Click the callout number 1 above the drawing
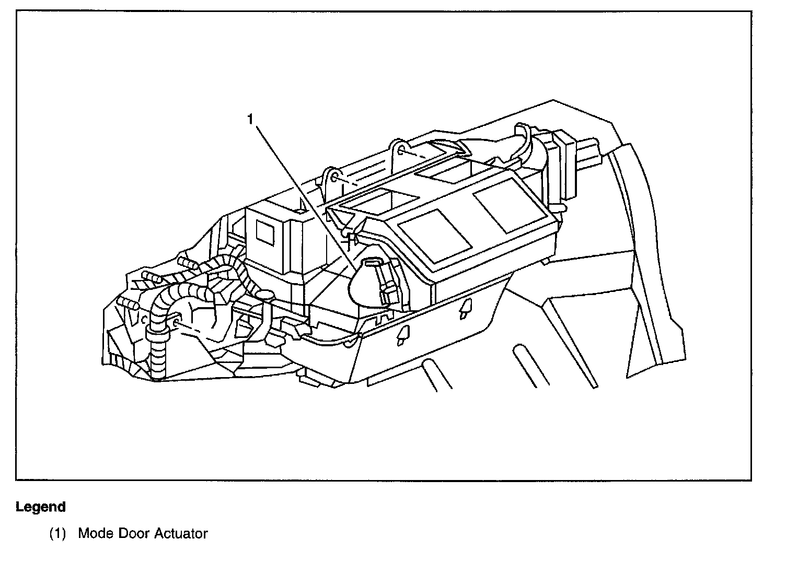tap(251, 120)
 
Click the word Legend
tap(41, 507)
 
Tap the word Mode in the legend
tap(96, 533)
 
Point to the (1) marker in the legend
tap(58, 534)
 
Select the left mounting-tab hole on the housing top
tap(333, 179)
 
